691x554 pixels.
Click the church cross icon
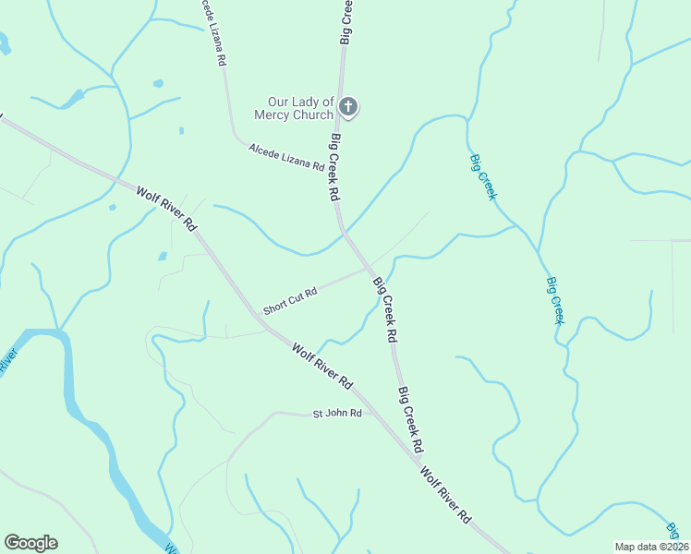pos(348,107)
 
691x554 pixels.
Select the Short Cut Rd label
pos(290,301)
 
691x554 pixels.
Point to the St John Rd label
pos(336,413)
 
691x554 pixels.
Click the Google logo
pos(30,543)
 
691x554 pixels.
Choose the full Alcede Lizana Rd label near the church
pos(286,157)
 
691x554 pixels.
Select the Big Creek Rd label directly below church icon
pos(335,168)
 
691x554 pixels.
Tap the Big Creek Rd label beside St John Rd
pos(411,418)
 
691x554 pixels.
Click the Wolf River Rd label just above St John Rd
pos(322,365)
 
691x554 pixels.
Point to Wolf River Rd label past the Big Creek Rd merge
pos(446,496)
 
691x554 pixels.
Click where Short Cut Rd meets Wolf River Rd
pos(263,319)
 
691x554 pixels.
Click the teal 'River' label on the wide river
pos(7,360)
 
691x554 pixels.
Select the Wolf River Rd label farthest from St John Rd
pos(167,210)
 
